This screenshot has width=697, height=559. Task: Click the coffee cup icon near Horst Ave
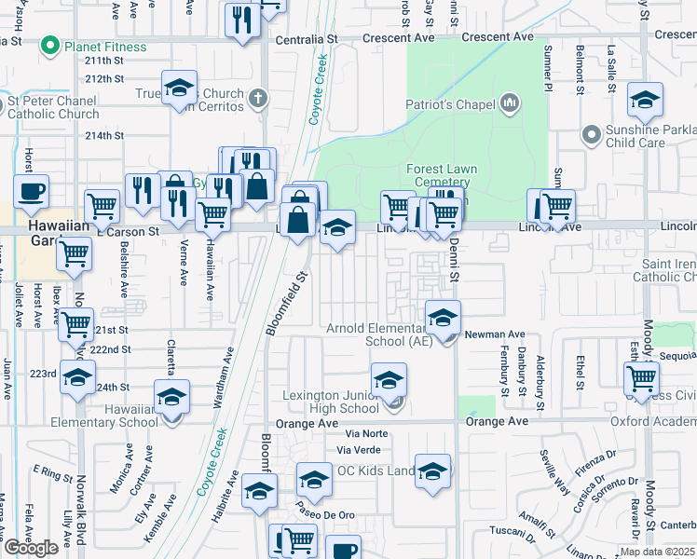[31, 191]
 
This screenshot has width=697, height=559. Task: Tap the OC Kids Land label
[376, 470]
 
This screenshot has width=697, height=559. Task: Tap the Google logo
[31, 548]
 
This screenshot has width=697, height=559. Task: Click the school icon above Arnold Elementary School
[443, 319]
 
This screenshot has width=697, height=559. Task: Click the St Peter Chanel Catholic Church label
[54, 107]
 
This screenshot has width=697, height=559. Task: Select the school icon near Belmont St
[645, 100]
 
